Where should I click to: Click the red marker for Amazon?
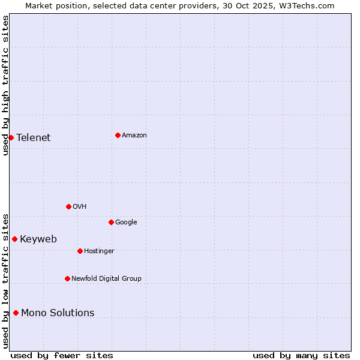coord(118,135)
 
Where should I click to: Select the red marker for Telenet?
coord(11,137)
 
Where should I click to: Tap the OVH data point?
coord(68,206)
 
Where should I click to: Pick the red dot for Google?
coord(111,222)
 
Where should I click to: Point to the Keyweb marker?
coord(14,239)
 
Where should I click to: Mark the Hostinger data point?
coord(80,251)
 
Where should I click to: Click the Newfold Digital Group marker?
coord(67,278)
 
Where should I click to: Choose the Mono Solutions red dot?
coord(16,313)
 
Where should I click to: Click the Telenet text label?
coord(34,137)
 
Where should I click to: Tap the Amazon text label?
coord(134,135)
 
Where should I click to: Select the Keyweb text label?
coord(38,239)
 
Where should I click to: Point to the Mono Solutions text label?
coord(58,313)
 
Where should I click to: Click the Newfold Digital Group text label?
coord(106,278)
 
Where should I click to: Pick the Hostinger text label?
coord(99,251)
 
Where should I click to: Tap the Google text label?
coord(126,222)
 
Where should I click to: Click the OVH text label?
coord(80,206)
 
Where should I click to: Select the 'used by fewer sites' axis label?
coord(62,355)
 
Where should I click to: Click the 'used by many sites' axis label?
coord(301,355)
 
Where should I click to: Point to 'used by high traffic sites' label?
coord(5,85)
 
